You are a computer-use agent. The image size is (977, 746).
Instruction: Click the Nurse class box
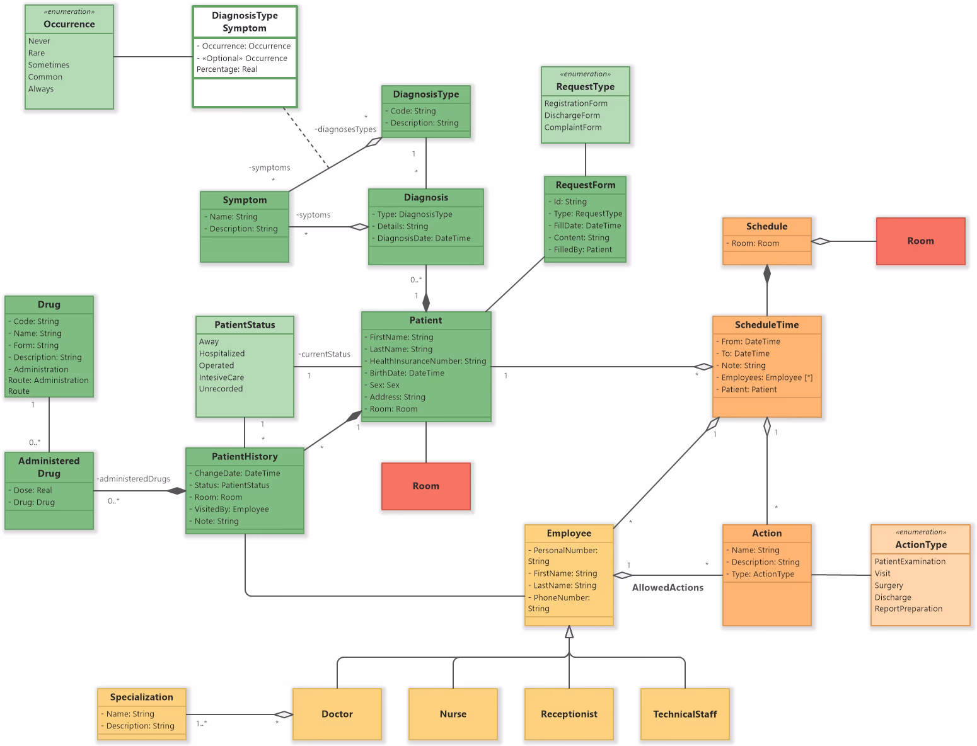453,714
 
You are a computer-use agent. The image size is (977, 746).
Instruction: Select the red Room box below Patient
425,486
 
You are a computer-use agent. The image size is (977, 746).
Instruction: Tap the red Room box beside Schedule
920,241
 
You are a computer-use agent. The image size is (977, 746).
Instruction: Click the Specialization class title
141,697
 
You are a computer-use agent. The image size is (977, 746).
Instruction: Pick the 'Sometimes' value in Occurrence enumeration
49,65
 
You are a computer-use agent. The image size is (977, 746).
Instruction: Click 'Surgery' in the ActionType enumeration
888,585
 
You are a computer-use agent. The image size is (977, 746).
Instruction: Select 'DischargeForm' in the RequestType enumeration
572,115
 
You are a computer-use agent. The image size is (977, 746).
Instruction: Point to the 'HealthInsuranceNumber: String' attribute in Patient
427,361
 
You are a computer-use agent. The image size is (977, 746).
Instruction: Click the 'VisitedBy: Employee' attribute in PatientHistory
231,509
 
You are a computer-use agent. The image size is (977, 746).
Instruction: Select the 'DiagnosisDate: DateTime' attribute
424,238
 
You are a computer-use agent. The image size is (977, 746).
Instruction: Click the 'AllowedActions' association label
668,587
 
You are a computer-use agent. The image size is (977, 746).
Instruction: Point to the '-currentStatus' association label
324,354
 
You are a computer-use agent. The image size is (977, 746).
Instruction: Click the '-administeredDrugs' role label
133,479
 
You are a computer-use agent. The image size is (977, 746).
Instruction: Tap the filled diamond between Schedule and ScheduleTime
766,274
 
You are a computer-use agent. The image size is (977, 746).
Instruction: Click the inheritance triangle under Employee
569,632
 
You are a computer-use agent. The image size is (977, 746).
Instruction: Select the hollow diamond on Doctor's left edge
284,714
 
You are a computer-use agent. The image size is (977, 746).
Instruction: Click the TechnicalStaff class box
685,714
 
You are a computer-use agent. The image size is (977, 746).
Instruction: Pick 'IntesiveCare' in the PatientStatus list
221,377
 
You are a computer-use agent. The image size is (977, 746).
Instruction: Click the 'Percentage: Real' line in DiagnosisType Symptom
227,69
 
